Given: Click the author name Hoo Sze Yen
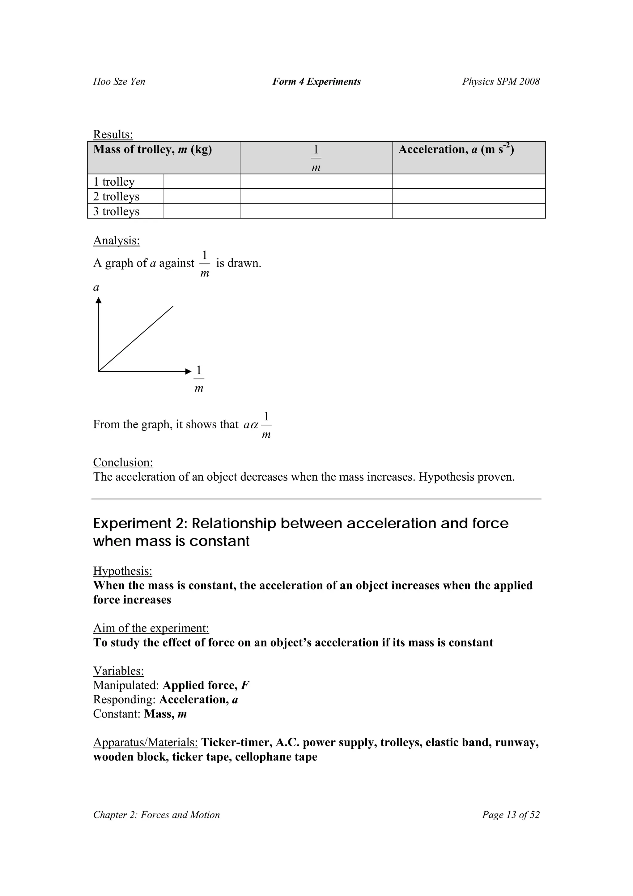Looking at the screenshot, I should pyautogui.click(x=119, y=82).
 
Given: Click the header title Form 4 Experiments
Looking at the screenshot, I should pyautogui.click(x=316, y=82).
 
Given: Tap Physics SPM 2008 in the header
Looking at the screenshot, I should pyautogui.click(x=501, y=82).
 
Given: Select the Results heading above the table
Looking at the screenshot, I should pyautogui.click(x=113, y=134).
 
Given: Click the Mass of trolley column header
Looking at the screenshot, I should pyautogui.click(x=152, y=149).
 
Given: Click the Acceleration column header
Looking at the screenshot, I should pyautogui.click(x=456, y=149).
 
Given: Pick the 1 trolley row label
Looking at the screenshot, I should pyautogui.click(x=114, y=182).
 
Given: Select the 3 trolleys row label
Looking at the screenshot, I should pyautogui.click(x=116, y=211).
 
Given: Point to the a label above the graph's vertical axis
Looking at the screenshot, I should pyautogui.click(x=96, y=288).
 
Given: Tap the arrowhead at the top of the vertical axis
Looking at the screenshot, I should pyautogui.click(x=99, y=300).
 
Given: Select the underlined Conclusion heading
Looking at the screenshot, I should pyautogui.click(x=123, y=462).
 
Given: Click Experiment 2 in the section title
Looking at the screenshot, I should pyautogui.click(x=138, y=523).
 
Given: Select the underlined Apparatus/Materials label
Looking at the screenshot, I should pyautogui.click(x=146, y=742).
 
